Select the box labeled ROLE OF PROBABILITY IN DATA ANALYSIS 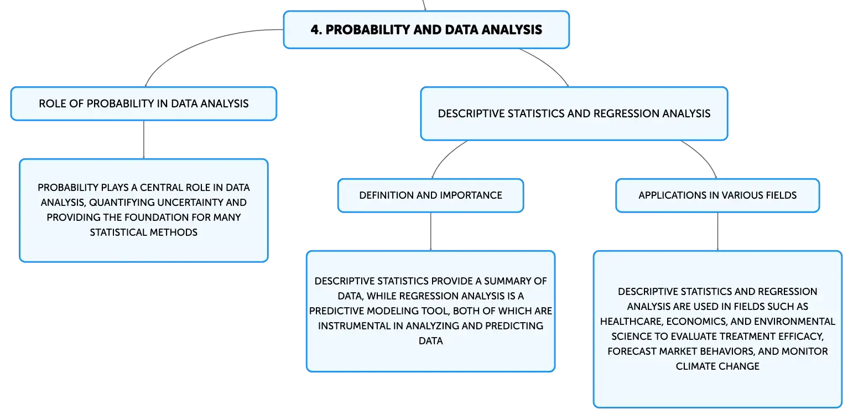click(144, 104)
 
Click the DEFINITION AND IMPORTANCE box click(431, 195)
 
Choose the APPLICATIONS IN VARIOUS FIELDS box click(718, 195)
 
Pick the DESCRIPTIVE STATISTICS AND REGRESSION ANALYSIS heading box click(574, 113)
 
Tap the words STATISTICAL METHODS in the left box click(144, 232)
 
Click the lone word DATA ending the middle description click(431, 341)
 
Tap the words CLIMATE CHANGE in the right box click(718, 366)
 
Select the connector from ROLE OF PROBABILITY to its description click(144, 140)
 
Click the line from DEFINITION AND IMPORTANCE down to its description click(431, 231)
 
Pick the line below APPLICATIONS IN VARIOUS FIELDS click(718, 231)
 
